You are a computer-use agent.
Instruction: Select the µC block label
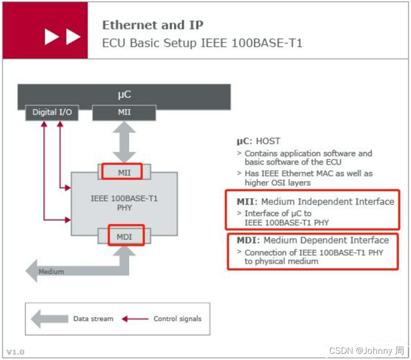pyautogui.click(x=124, y=95)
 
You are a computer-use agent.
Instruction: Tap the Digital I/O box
pyautogui.click(x=52, y=113)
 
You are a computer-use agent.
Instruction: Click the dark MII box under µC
pyautogui.click(x=124, y=113)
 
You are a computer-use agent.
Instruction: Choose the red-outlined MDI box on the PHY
pyautogui.click(x=125, y=236)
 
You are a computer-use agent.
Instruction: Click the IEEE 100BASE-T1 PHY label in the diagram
pyautogui.click(x=124, y=203)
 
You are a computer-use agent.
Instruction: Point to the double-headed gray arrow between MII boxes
pyautogui.click(x=124, y=142)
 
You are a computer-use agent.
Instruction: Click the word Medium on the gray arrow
pyautogui.click(x=51, y=272)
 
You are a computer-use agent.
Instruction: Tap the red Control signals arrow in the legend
pyautogui.click(x=134, y=319)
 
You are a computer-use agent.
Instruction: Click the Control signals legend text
pyautogui.click(x=177, y=319)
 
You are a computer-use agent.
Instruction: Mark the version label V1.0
pyautogui.click(x=15, y=352)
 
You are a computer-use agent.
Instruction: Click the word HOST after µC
pyautogui.click(x=268, y=141)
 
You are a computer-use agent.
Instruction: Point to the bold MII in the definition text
pyautogui.click(x=246, y=201)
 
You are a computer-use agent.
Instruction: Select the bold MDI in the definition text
pyautogui.click(x=248, y=240)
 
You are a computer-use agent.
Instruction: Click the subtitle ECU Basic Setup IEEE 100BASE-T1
pyautogui.click(x=202, y=43)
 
